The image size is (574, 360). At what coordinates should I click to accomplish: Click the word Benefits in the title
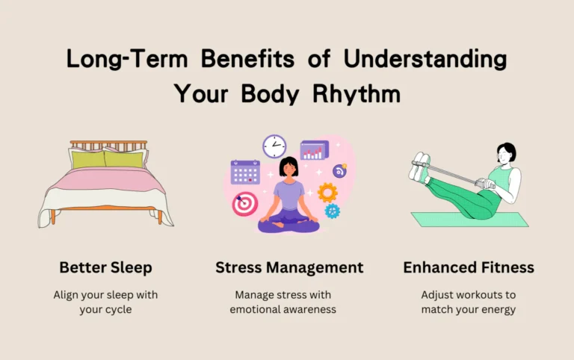click(247, 58)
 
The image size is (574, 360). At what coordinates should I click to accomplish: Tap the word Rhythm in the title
click(357, 93)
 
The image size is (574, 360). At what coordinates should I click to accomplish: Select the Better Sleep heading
click(105, 267)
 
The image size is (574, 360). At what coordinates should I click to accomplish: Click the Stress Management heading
click(289, 267)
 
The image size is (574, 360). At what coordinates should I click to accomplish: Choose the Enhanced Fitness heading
click(469, 267)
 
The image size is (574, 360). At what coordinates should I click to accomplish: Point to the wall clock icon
click(274, 146)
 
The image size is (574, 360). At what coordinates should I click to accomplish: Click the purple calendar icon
click(245, 172)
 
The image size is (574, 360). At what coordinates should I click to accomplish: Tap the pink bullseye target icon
click(245, 204)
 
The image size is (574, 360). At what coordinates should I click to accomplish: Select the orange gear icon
click(327, 193)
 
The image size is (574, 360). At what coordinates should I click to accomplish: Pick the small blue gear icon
click(332, 211)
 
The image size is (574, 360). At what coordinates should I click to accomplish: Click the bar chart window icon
click(315, 150)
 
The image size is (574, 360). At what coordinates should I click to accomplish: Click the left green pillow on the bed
click(88, 160)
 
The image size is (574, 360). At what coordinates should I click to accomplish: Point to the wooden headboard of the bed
click(108, 145)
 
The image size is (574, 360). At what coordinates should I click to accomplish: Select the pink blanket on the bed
click(106, 180)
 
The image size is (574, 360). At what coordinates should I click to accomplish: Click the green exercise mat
click(469, 220)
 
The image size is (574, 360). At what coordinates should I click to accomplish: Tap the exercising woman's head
click(506, 153)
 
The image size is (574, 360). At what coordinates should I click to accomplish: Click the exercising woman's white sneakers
click(419, 167)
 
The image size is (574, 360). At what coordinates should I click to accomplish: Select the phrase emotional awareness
click(283, 309)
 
